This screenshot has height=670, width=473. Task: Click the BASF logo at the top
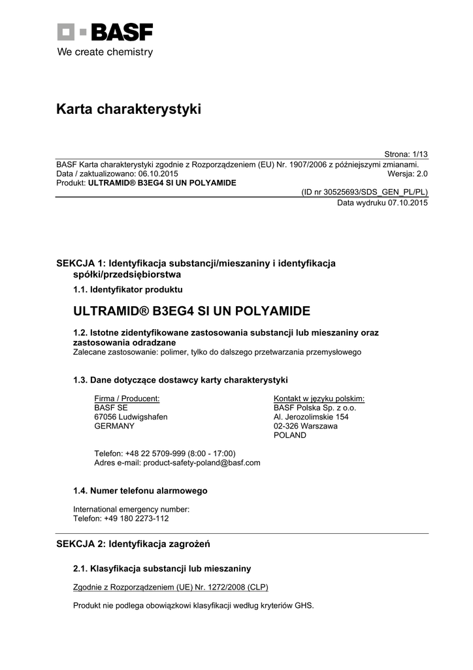105,33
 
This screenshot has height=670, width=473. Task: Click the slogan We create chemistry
105,52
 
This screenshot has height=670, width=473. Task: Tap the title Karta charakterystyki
129,109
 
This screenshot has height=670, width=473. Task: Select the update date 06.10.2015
157,174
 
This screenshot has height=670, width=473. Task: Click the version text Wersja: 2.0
407,174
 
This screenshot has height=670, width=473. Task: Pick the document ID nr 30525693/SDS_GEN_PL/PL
364,193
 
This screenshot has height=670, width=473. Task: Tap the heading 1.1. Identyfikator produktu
127,289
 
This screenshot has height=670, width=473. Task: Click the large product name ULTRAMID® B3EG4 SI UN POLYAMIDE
191,310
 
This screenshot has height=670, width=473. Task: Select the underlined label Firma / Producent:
127,398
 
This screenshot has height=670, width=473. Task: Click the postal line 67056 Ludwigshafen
131,417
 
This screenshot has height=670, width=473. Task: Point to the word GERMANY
114,426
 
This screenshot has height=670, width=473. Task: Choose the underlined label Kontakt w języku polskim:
319,398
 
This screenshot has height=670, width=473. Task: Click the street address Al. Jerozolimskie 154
311,417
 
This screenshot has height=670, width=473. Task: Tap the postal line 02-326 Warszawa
306,426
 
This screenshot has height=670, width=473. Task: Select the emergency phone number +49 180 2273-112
136,518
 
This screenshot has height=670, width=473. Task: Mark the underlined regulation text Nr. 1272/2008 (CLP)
233,587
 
